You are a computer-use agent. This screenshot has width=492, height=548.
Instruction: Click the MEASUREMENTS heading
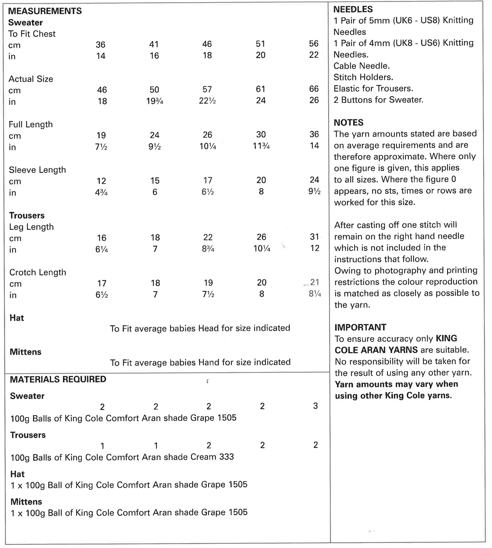[x=45, y=11]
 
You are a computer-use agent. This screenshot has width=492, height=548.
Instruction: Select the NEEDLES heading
[x=353, y=9]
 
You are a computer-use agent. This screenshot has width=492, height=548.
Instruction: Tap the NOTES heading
[x=348, y=122]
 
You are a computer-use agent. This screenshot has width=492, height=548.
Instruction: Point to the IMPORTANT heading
[x=360, y=327]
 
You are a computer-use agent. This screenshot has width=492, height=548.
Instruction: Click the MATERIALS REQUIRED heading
[x=58, y=379]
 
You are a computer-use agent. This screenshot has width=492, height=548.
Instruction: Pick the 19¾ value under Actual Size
[x=154, y=101]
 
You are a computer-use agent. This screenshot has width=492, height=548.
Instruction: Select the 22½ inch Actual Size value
[x=207, y=101]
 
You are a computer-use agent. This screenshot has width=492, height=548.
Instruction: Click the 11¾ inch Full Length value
[x=261, y=146]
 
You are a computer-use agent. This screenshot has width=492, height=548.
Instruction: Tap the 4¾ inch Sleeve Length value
[x=101, y=193]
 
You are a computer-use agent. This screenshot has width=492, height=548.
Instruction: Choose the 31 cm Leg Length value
[x=315, y=237]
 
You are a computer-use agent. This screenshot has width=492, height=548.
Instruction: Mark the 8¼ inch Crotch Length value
[x=315, y=294]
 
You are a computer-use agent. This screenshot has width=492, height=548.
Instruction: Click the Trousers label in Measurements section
[x=27, y=216]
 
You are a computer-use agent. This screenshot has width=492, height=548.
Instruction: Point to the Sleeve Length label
[x=37, y=170]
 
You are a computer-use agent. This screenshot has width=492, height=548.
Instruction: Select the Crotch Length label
[x=38, y=272]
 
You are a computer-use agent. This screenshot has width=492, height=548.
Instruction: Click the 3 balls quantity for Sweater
[x=316, y=406]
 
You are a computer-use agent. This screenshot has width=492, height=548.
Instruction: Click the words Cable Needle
[x=362, y=66]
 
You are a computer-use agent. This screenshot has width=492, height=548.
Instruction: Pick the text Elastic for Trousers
[x=373, y=89]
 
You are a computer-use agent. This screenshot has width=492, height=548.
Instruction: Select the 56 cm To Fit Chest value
[x=314, y=44]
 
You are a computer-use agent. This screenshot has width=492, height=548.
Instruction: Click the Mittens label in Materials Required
[x=26, y=502]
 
